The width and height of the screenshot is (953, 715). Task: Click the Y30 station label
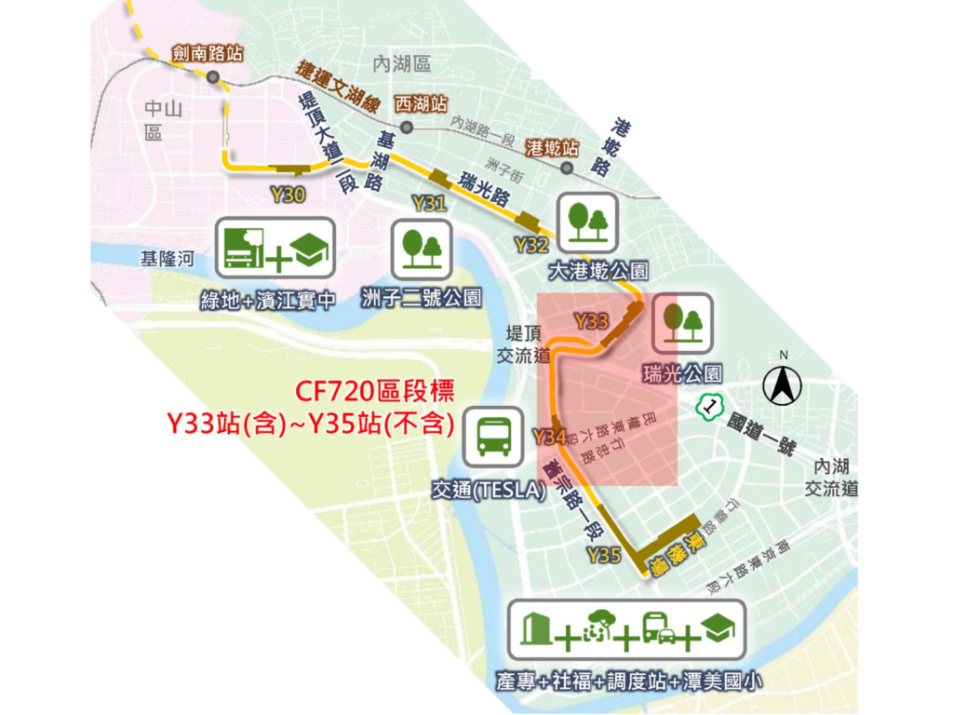(288, 195)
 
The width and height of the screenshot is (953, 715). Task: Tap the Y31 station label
(428, 204)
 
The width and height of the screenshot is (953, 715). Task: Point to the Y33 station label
(591, 322)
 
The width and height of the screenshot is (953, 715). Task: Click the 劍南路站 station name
(208, 54)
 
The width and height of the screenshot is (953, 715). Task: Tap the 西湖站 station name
(421, 101)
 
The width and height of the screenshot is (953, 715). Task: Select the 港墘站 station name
(552, 148)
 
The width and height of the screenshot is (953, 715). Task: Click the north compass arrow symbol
(783, 383)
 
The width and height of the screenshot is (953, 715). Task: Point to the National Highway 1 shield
(711, 406)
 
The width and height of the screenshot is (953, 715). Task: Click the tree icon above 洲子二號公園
(422, 249)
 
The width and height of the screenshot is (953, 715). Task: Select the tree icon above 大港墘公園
(586, 223)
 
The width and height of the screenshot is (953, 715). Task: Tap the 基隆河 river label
(165, 259)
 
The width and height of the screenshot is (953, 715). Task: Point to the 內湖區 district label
(401, 64)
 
